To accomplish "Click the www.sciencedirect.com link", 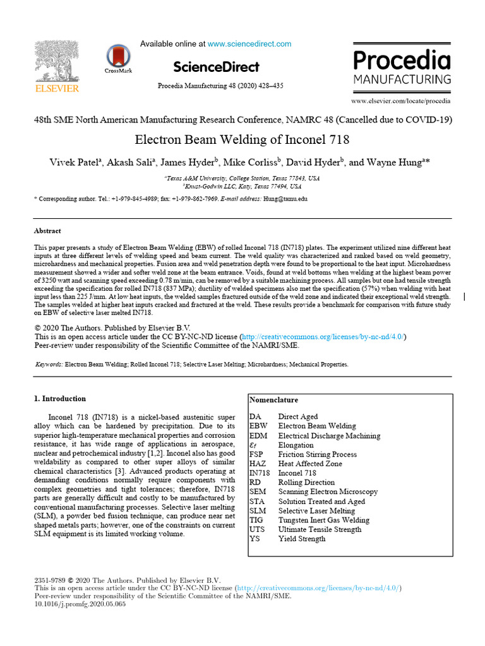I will click(249, 44).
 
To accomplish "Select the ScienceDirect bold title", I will click(216, 67).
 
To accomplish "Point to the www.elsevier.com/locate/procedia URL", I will click(401, 101).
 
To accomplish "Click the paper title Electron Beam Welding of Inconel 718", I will click(242, 139).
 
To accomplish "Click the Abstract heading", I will click(47, 231).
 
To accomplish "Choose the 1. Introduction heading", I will click(59, 399).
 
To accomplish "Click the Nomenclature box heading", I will click(273, 400).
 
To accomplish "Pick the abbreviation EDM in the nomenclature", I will click(259, 436).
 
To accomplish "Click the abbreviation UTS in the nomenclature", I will click(257, 530).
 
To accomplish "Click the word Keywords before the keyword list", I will click(48, 365).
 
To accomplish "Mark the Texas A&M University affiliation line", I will click(242, 179).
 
